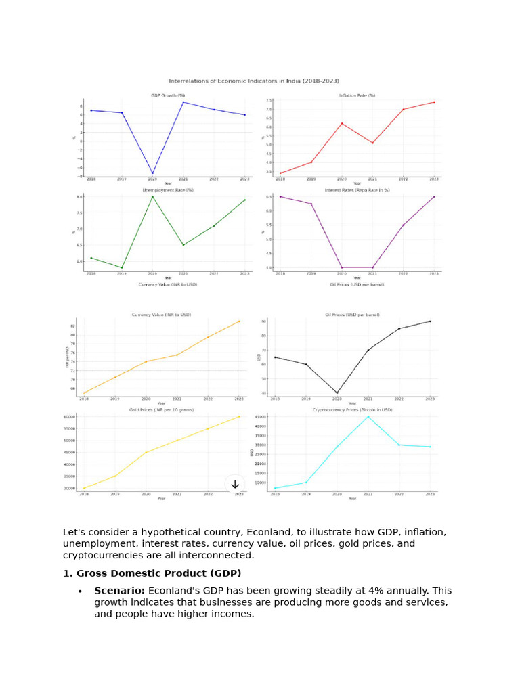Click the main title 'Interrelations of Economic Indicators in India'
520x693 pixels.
254,81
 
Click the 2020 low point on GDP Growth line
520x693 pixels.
152,173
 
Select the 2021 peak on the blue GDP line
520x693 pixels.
183,102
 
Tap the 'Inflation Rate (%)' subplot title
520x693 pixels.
357,95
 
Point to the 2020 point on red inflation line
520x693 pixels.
341,123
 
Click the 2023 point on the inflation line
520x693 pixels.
434,102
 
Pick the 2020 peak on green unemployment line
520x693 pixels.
152,196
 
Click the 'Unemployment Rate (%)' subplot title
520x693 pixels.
167,190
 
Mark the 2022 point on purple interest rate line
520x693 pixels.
403,225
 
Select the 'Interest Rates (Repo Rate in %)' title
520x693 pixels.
357,190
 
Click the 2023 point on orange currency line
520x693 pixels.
239,321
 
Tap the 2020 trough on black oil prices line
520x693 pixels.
337,393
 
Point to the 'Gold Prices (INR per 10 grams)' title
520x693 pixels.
161,409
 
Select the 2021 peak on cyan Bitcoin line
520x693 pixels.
368,416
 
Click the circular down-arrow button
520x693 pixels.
235,484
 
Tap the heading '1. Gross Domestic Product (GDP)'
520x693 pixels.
152,573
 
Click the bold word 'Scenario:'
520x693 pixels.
119,591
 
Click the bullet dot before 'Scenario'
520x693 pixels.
80,591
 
